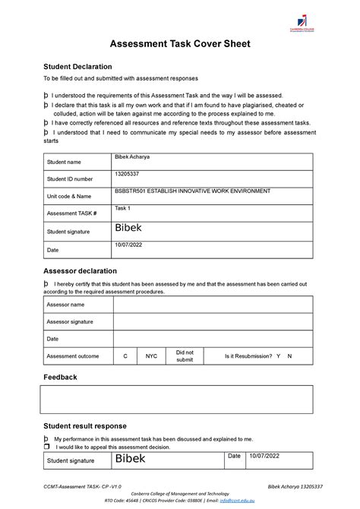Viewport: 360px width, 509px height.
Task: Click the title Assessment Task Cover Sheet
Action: click(x=180, y=44)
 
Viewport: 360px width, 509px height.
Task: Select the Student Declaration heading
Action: click(x=77, y=67)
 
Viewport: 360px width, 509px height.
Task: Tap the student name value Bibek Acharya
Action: click(x=133, y=156)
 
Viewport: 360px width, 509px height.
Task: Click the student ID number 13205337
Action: click(x=127, y=174)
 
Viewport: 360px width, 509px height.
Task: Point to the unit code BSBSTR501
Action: click(x=131, y=191)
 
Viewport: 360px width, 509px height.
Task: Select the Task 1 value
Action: click(x=122, y=207)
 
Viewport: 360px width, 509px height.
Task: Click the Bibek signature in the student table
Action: click(x=128, y=228)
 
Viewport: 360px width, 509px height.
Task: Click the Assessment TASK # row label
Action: click(x=72, y=214)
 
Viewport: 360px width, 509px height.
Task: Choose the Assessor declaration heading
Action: click(x=80, y=270)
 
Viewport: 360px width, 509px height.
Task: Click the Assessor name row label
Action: click(x=65, y=305)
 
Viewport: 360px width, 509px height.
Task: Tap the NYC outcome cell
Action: click(x=152, y=356)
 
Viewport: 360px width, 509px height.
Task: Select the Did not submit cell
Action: click(x=185, y=356)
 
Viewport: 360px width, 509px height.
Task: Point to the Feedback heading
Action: click(x=60, y=377)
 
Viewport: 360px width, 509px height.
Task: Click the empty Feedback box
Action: click(x=176, y=399)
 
